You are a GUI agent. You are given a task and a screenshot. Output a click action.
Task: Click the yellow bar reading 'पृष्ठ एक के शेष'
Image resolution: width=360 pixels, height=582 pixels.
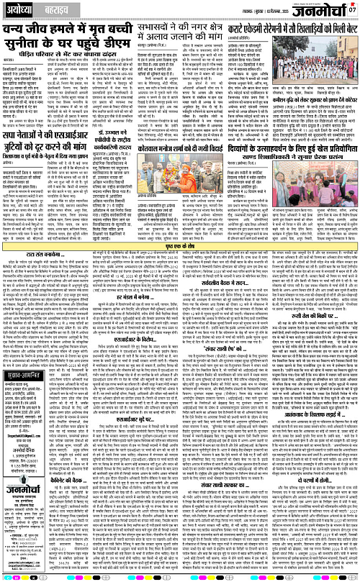(179, 267)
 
